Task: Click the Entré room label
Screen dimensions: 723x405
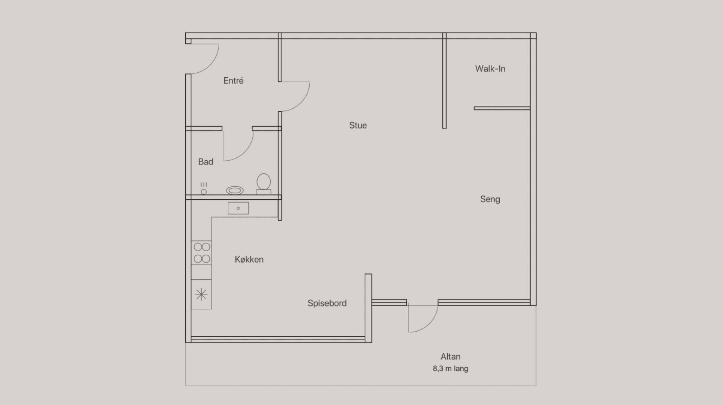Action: click(x=233, y=80)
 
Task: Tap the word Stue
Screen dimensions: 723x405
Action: click(x=358, y=125)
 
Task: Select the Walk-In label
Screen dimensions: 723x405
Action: click(x=490, y=69)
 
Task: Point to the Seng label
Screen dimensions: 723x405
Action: click(x=490, y=199)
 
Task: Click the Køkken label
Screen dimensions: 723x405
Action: click(x=249, y=260)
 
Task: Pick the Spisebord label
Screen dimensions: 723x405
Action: click(x=327, y=303)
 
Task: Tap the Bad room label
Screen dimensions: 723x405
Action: click(x=206, y=162)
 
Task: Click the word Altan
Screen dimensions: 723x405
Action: click(x=450, y=356)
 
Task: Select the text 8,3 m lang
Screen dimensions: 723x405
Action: click(x=450, y=369)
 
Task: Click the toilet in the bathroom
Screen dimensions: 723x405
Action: click(x=264, y=184)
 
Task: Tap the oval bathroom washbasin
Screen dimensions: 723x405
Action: click(x=235, y=191)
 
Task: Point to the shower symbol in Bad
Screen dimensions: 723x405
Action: click(x=204, y=189)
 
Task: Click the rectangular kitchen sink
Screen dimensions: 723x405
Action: click(x=238, y=208)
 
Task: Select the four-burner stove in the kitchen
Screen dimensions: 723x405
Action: click(x=202, y=253)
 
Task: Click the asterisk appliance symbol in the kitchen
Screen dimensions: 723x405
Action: click(x=201, y=294)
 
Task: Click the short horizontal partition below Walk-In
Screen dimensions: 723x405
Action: click(x=502, y=108)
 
